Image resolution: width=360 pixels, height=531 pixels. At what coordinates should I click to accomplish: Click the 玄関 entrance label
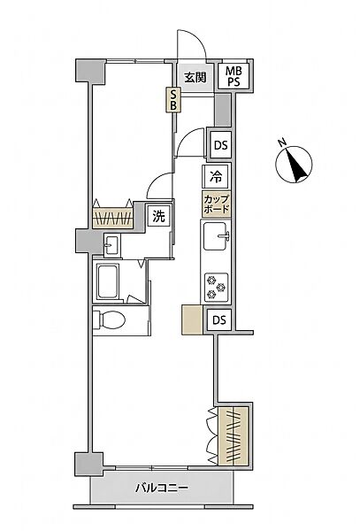tap(195, 78)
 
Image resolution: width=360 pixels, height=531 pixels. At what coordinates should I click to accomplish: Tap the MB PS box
tap(234, 76)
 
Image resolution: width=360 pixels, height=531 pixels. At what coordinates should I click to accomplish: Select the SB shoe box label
tap(172, 99)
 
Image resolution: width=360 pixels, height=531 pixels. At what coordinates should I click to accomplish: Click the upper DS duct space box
tap(220, 145)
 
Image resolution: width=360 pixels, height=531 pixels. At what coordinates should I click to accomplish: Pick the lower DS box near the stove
tap(219, 320)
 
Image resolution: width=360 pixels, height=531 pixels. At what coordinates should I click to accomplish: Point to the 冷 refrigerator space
tap(216, 176)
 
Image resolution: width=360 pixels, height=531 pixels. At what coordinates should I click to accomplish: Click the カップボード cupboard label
tap(216, 204)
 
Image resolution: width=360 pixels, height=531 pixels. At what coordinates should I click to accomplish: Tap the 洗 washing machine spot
tap(159, 216)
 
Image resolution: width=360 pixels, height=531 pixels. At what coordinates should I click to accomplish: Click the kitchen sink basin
tap(216, 236)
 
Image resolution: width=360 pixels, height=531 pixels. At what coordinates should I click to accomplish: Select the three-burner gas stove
tap(216, 287)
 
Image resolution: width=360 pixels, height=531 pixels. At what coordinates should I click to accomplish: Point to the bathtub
tap(108, 281)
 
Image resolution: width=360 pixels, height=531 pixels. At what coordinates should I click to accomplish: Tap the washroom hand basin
tap(111, 244)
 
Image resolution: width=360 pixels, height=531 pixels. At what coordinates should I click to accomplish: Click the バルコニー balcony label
tap(162, 488)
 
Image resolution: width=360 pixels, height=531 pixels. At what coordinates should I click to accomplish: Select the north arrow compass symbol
tap(294, 165)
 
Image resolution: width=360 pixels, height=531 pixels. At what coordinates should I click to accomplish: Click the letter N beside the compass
tap(281, 142)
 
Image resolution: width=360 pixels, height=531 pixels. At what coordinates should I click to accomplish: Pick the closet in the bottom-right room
tap(234, 435)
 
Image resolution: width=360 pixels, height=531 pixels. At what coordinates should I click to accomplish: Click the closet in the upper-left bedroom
tap(113, 218)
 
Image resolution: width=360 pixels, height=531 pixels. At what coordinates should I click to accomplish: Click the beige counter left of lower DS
tap(192, 320)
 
